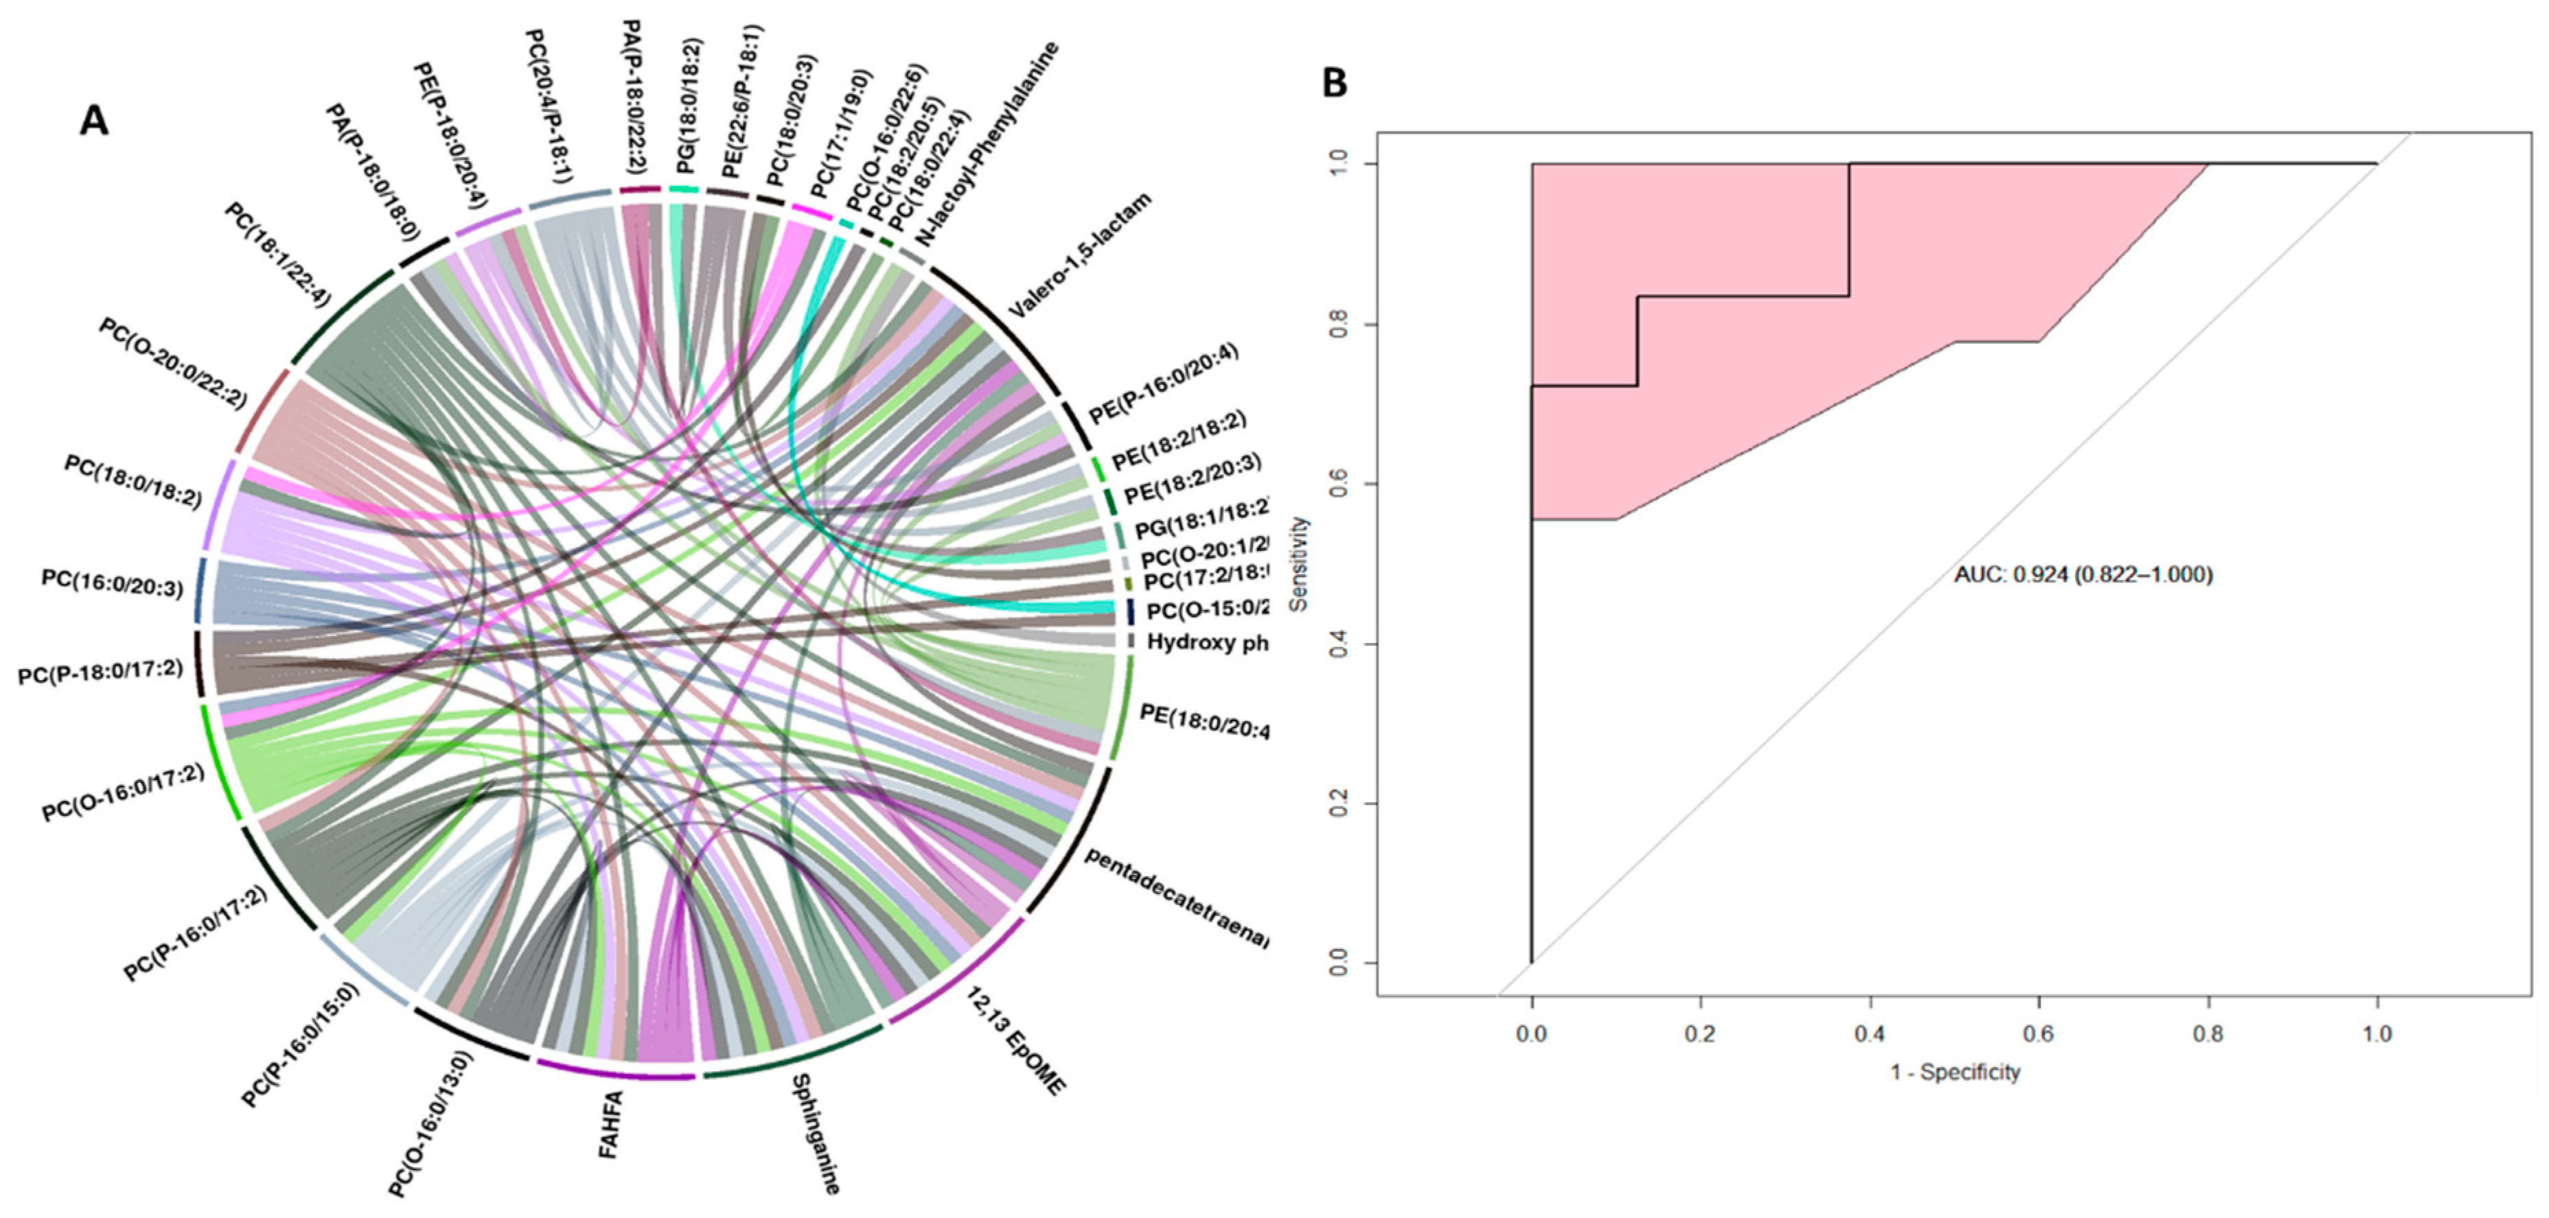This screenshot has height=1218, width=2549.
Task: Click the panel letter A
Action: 94,121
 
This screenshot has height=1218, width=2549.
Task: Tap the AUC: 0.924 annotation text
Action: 2083,574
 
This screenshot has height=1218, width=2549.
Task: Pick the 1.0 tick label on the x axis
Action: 2377,1034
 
